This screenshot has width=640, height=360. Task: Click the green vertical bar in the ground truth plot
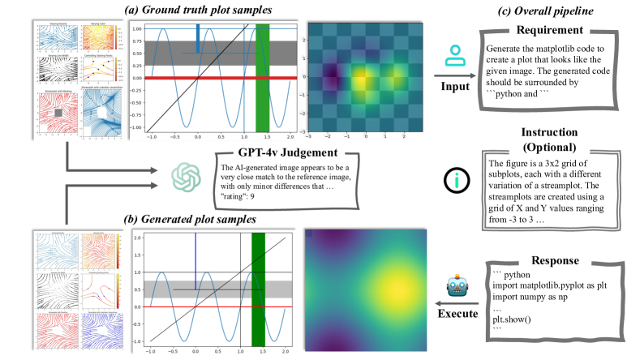click(x=262, y=77)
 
